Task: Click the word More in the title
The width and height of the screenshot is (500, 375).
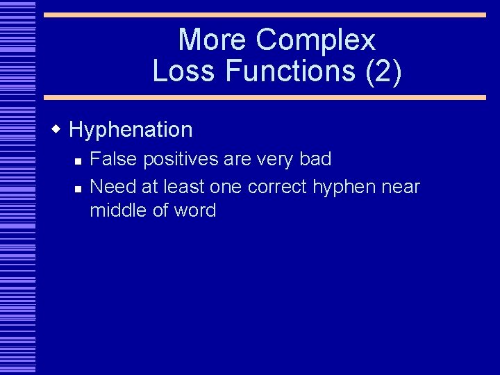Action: [213, 40]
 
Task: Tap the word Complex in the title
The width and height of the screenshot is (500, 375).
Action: [315, 40]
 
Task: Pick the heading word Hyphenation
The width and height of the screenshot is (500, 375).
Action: [131, 130]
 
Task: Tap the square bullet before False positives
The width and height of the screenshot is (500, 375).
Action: [78, 161]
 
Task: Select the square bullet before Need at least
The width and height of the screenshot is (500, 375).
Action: [78, 188]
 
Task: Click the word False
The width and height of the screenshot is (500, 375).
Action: [114, 159]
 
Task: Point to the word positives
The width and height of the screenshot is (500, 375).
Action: [181, 160]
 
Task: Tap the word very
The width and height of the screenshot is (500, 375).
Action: [274, 160]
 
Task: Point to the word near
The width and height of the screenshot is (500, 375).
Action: [402, 187]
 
